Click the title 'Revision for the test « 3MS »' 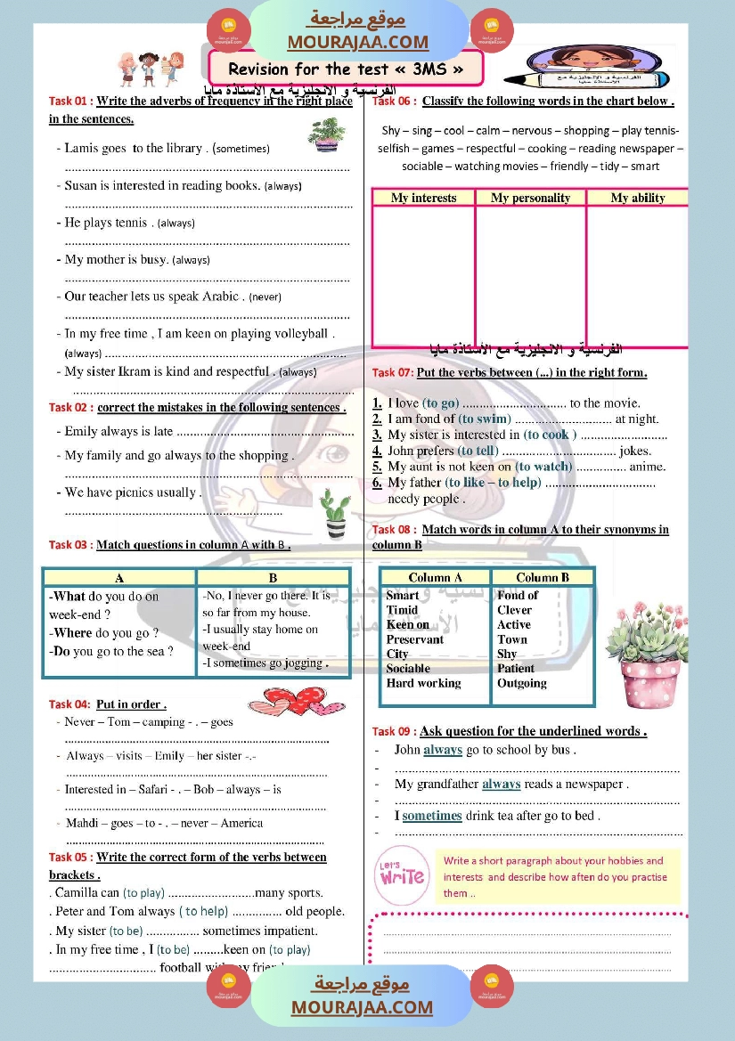346,69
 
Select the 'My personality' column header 530,198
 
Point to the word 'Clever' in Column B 515,610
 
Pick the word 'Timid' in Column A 402,610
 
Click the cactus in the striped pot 335,516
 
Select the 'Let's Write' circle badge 402,874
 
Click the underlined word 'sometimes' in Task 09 432,816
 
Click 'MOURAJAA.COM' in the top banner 357,42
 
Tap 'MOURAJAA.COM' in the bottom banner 361,1007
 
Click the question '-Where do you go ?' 103,633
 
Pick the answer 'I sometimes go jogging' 264,663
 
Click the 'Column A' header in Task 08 435,577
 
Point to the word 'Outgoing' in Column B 522,683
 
